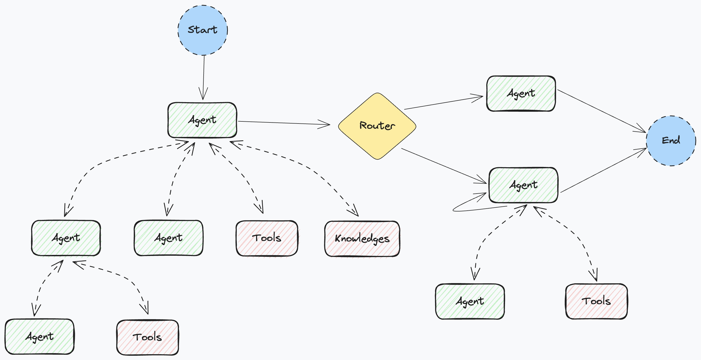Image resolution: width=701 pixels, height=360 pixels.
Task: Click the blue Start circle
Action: tap(203, 30)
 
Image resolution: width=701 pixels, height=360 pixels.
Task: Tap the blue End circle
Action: tap(671, 141)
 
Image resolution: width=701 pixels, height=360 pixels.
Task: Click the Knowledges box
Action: tap(362, 239)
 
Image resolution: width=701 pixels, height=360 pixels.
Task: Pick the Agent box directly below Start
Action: tap(202, 120)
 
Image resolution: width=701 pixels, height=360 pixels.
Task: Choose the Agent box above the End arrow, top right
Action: tap(521, 93)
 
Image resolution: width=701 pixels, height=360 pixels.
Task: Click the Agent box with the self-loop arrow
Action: tap(523, 185)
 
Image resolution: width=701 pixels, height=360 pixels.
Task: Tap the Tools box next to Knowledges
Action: tap(267, 238)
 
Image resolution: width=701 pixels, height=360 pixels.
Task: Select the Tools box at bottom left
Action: tap(148, 337)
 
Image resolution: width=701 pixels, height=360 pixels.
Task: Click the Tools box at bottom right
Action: tap(596, 301)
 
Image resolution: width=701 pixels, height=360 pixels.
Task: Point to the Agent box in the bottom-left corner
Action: tap(40, 337)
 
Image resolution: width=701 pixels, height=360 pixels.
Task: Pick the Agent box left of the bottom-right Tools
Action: tap(470, 301)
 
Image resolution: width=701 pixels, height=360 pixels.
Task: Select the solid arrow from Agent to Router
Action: tap(283, 123)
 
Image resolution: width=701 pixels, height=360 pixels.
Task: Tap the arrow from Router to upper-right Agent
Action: tap(444, 103)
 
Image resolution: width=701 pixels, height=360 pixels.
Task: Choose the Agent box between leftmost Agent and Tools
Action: tap(168, 238)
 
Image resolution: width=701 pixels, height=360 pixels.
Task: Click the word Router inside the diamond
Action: tap(377, 126)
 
